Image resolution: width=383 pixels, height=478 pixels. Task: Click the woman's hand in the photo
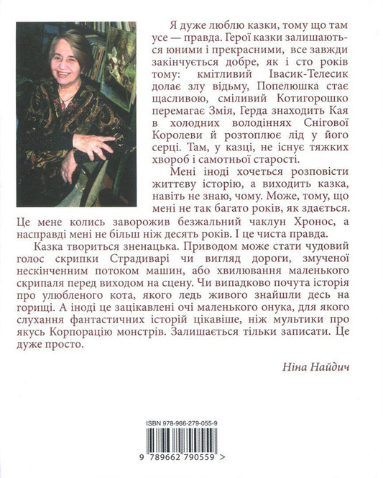tap(94, 147)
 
